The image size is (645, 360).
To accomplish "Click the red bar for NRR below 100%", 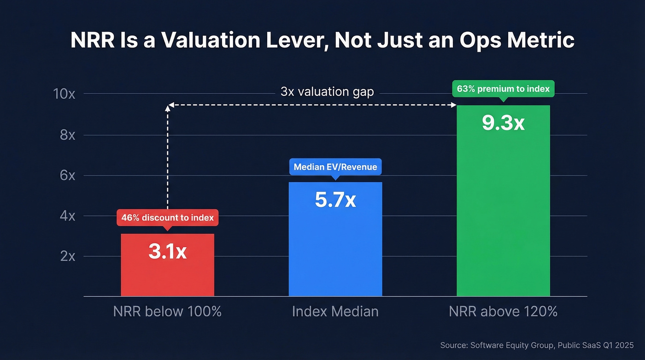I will click(x=167, y=277).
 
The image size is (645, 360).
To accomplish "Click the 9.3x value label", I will click(x=503, y=123).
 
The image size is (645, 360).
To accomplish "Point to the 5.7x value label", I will click(x=335, y=200).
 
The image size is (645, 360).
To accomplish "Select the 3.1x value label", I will click(x=167, y=252).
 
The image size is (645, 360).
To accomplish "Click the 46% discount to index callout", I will click(x=167, y=217).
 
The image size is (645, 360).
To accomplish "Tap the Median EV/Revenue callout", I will click(x=335, y=167).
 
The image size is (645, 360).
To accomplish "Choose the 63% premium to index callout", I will click(x=503, y=89).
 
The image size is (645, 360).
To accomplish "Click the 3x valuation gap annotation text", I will click(x=327, y=92).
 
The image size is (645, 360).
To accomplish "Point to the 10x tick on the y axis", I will click(x=64, y=94).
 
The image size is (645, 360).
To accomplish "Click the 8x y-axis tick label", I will click(x=67, y=135).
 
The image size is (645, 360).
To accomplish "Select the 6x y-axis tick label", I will click(x=67, y=176).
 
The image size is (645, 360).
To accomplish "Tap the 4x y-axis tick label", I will click(x=67, y=216).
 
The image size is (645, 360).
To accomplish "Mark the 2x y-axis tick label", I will click(x=67, y=256).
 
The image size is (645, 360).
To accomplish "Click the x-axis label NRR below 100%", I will click(x=167, y=311).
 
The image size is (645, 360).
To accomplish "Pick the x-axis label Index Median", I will click(x=335, y=311).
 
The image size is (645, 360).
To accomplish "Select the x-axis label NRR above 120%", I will click(x=503, y=311).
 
